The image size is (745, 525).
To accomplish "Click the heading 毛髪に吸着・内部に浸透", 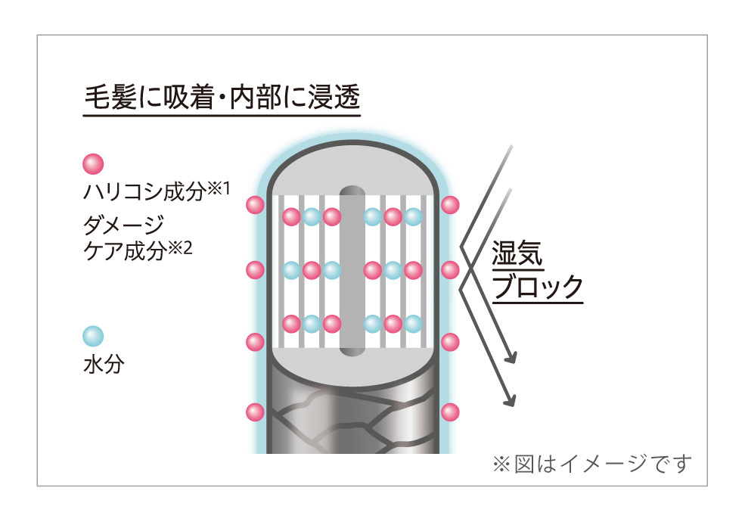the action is (x=222, y=98).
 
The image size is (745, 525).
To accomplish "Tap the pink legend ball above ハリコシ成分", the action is (x=93, y=164).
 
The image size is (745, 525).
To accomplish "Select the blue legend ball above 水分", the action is (x=93, y=336).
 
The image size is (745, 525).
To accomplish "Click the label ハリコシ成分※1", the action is (x=157, y=191).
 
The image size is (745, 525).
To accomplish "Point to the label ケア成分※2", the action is (x=138, y=250).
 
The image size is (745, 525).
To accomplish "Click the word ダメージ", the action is (x=123, y=224).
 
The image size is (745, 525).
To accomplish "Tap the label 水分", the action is (x=104, y=365).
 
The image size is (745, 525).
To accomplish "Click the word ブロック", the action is (x=537, y=287).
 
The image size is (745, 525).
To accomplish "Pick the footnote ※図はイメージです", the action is (x=592, y=463).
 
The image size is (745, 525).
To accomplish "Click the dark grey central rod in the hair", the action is (x=352, y=271).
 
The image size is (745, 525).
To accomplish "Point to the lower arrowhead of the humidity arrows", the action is (x=510, y=400).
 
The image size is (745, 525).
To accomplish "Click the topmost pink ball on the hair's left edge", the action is (x=255, y=205).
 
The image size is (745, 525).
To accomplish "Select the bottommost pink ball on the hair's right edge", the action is (x=450, y=412).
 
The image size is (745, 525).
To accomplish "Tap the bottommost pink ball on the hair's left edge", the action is (x=255, y=412).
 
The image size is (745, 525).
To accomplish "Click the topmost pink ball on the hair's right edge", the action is (x=450, y=205).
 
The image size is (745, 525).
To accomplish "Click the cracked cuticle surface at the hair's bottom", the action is (x=352, y=418).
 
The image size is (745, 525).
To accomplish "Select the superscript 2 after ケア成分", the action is (x=188, y=247).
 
